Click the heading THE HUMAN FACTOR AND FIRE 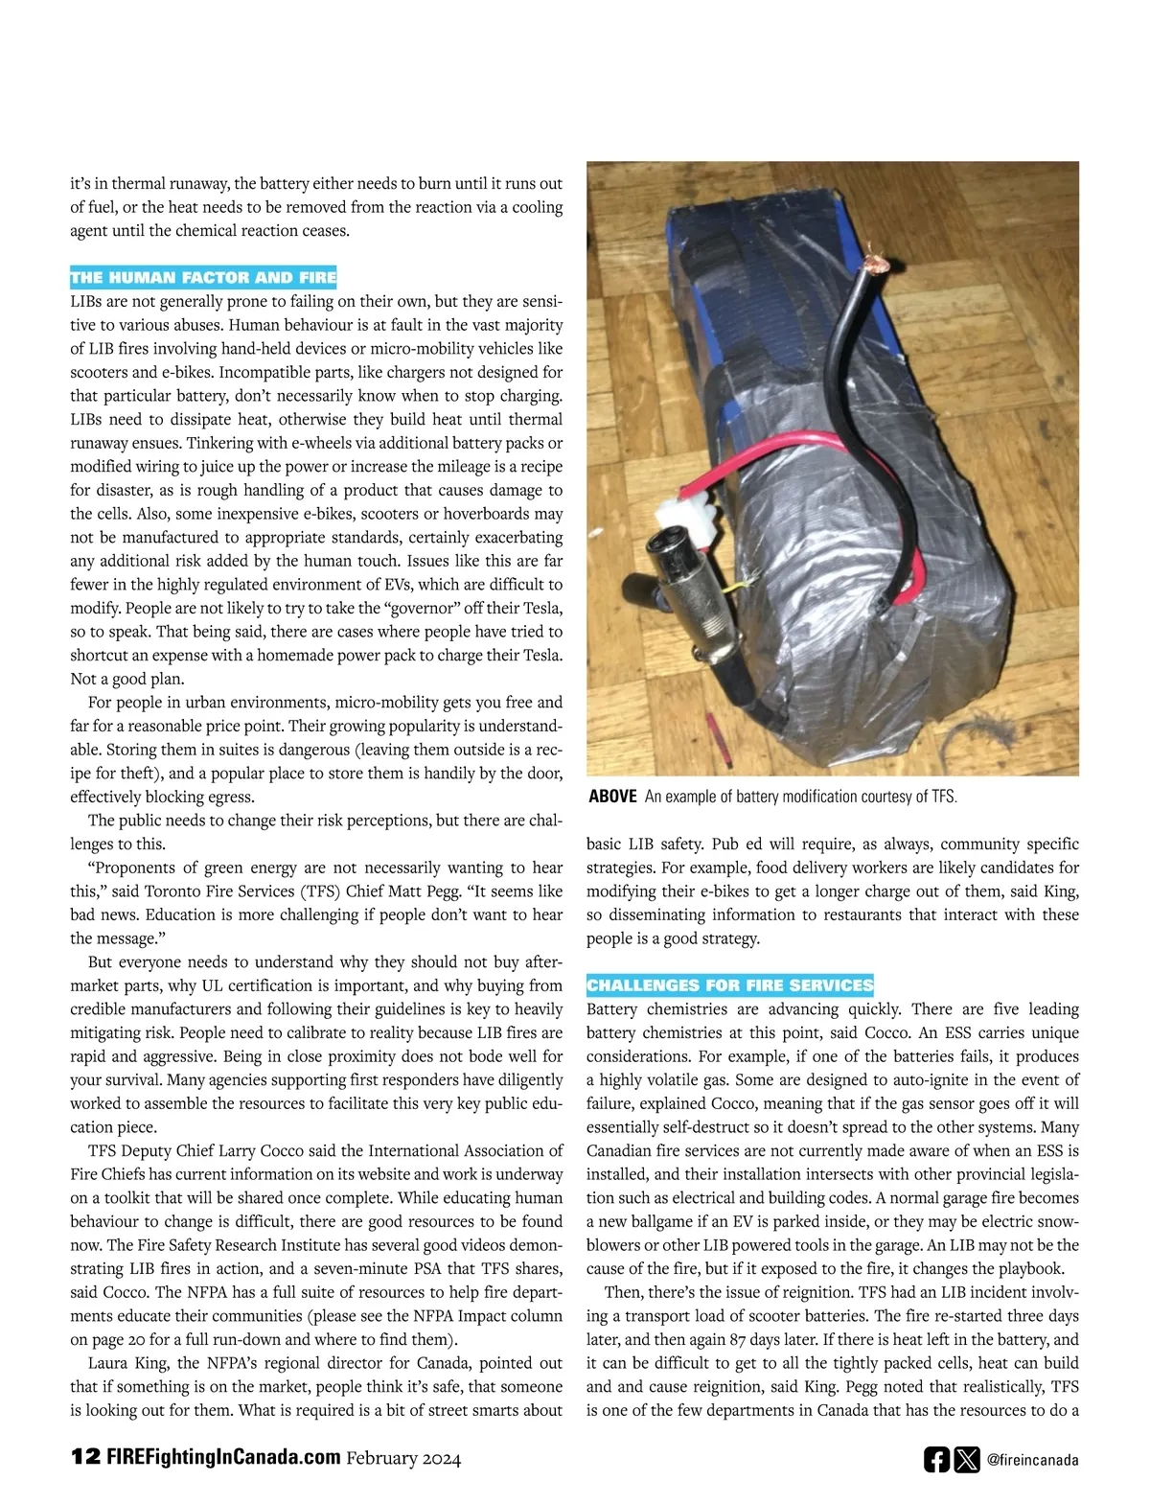(203, 277)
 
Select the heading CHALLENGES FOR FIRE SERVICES (729, 984)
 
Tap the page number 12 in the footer (84, 1456)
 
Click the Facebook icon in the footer (936, 1459)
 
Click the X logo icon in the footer (967, 1459)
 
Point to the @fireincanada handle (1032, 1460)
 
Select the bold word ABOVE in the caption (612, 797)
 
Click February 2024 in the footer (403, 1458)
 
